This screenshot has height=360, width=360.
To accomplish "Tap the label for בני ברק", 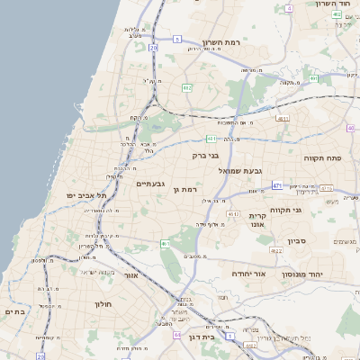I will [x=206, y=155].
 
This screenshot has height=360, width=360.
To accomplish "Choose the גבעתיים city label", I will [x=148, y=184].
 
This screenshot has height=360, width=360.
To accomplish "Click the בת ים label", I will [x=16, y=311].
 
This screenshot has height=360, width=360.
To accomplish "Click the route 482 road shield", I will [x=186, y=87].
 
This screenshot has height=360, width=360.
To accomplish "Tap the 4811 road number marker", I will [x=283, y=118].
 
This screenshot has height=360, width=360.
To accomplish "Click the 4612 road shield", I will [x=233, y=214].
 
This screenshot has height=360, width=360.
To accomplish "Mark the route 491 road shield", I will [x=314, y=79].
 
